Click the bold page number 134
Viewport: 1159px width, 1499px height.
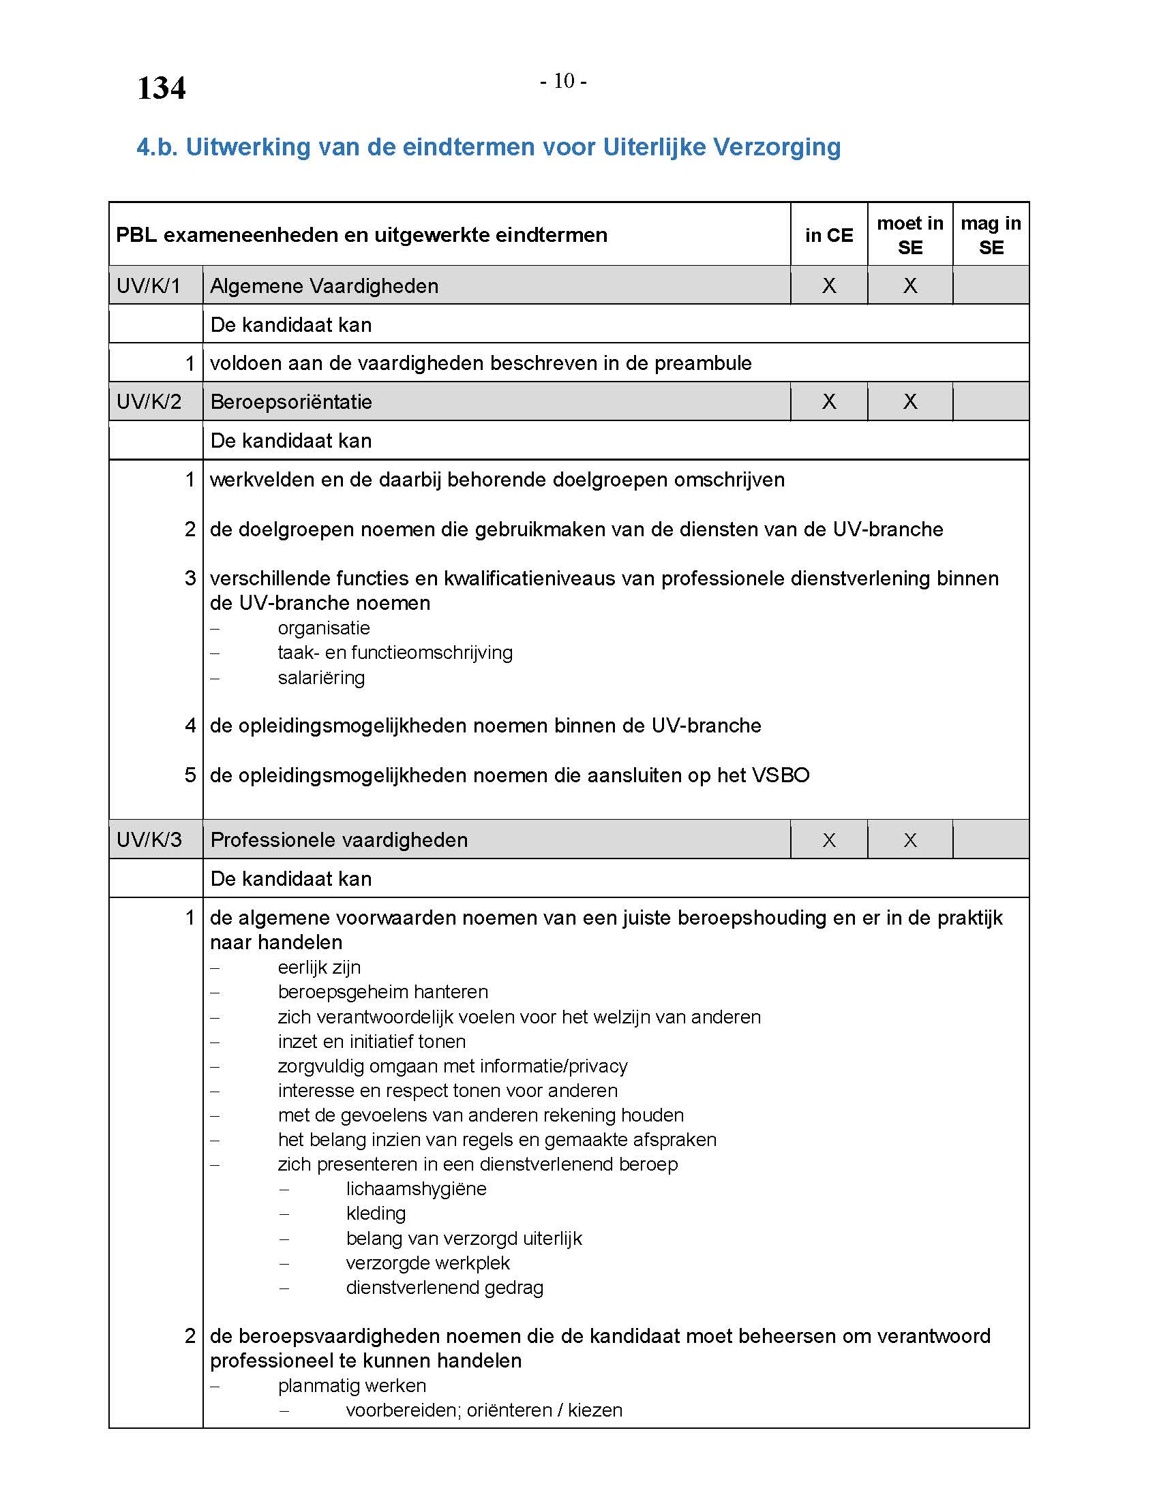162,89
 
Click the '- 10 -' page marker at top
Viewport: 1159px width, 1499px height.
563,81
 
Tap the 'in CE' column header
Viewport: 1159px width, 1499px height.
829,236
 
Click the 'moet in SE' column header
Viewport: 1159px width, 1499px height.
909,236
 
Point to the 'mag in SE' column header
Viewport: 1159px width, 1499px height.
991,236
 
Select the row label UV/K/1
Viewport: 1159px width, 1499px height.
149,285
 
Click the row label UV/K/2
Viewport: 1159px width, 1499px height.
149,401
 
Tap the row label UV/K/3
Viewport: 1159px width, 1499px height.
149,839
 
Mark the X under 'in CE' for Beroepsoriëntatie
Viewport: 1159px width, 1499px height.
829,401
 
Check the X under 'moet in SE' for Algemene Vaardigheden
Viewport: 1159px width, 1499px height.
909,285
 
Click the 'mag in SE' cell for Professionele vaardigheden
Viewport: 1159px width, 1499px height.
991,839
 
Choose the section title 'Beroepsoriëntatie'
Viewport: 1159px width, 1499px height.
291,401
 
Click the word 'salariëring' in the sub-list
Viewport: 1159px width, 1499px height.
321,678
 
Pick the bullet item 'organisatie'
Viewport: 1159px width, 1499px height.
324,628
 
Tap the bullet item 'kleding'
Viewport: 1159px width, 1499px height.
376,1214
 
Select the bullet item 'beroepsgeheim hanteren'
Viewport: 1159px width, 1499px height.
383,992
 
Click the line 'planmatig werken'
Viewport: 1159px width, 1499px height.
352,1386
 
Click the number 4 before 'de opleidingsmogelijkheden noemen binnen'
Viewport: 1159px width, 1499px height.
190,726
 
